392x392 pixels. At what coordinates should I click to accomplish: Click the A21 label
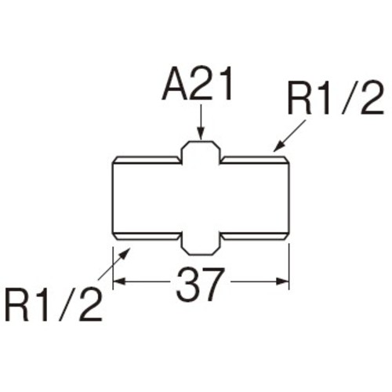coord(198,84)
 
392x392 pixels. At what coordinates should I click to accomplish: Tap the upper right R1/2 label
coord(336,99)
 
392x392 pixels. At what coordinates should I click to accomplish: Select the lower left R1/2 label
coord(53,305)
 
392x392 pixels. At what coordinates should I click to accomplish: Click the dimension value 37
coord(200,285)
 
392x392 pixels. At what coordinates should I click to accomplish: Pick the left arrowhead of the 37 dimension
coord(119,281)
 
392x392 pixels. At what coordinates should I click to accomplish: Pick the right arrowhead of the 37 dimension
coord(282,281)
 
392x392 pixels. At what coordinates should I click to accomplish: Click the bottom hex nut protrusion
coord(201,244)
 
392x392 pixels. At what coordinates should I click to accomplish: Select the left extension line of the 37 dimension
coord(113,267)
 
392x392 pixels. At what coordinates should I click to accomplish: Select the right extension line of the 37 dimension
coord(289,267)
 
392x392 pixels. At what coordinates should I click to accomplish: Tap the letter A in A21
coord(174,85)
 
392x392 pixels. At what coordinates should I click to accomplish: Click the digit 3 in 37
coord(187,285)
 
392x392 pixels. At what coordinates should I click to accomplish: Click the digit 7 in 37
coord(213,285)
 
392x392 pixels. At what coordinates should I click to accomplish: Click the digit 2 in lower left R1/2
coord(90,305)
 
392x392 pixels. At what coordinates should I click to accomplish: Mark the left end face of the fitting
coord(113,198)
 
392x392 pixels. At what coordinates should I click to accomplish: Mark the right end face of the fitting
coord(289,198)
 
